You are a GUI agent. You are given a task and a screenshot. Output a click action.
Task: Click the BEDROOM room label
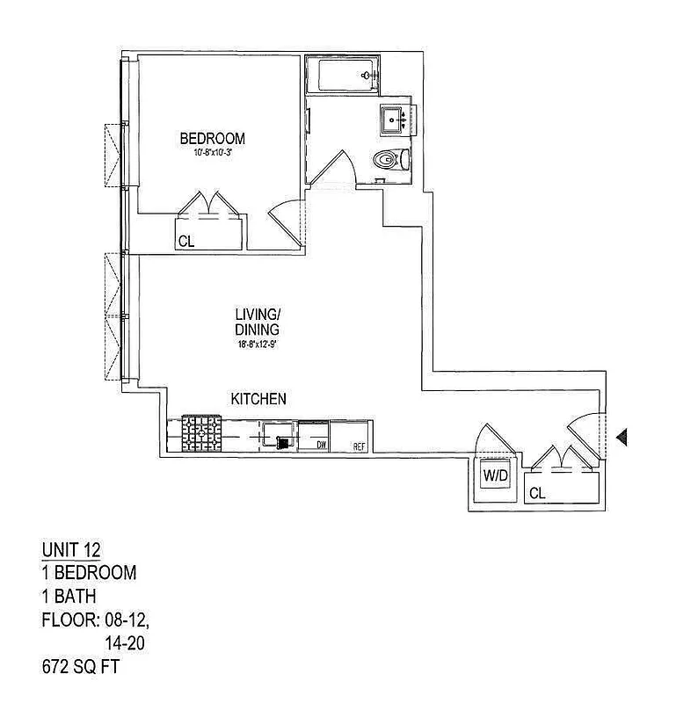click(x=212, y=138)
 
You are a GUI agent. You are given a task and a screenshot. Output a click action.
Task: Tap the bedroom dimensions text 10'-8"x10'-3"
click(x=212, y=152)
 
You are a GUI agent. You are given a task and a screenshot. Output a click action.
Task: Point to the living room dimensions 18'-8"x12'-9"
click(x=258, y=344)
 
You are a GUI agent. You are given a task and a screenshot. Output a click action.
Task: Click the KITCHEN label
click(x=258, y=399)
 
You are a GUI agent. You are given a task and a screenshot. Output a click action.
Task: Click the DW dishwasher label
click(x=322, y=446)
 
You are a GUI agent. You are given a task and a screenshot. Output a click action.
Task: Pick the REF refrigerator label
click(x=359, y=446)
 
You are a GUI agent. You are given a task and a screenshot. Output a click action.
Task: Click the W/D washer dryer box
click(x=497, y=477)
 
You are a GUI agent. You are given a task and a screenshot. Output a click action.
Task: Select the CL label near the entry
click(x=537, y=494)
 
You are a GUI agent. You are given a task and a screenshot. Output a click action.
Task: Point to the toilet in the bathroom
click(x=389, y=160)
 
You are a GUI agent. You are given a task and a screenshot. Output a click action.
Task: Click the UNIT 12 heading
click(x=71, y=550)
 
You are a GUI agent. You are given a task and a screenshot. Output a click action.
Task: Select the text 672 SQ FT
click(x=80, y=667)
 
